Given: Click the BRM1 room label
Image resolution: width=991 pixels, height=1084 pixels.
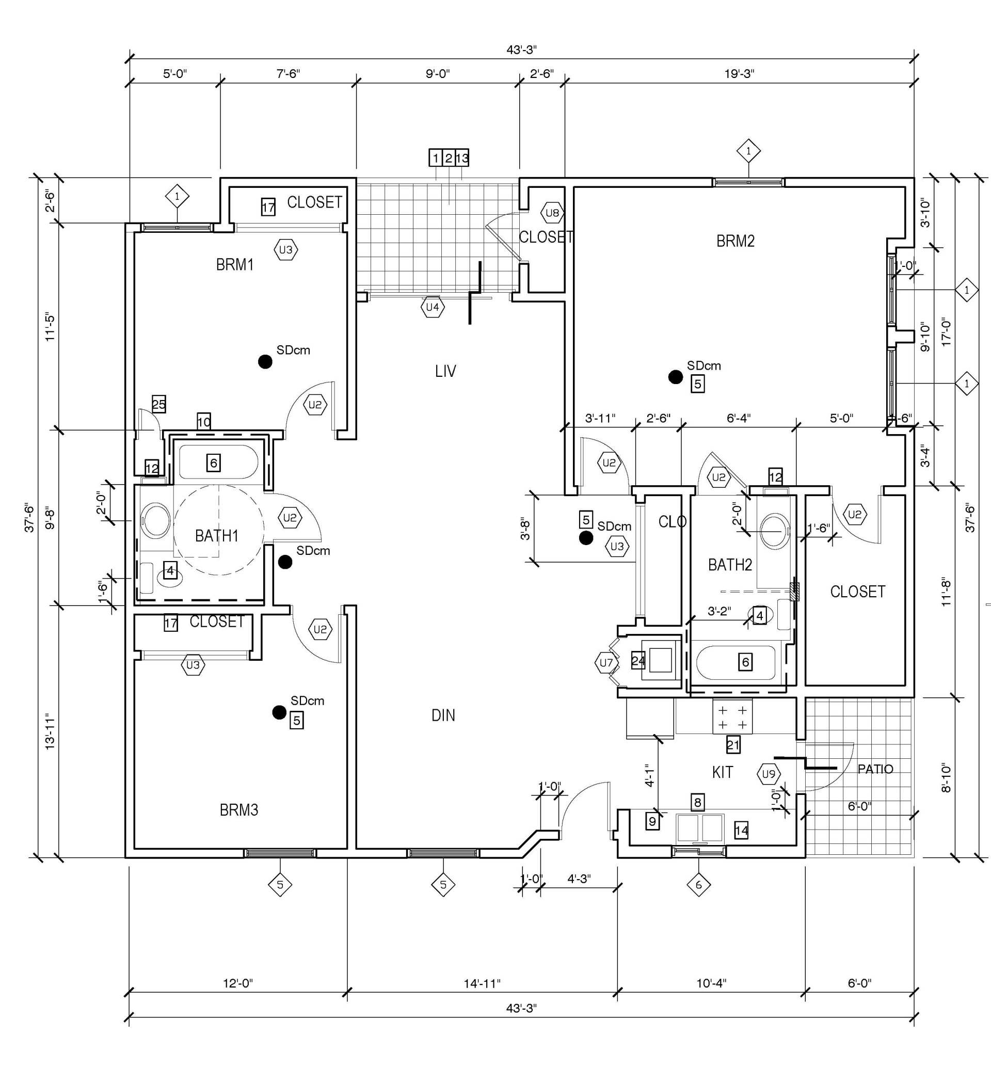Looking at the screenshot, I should coord(234,264).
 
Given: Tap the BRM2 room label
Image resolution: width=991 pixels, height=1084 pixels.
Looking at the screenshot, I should coord(735,241).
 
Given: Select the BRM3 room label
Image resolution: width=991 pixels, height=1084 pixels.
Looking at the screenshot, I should coord(239,810).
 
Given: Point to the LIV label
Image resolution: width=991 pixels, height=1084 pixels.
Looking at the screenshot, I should coord(445,371).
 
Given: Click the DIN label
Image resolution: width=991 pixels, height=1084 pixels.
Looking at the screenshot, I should coord(443,715).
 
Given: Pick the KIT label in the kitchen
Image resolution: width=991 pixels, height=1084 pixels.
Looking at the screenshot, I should coord(722,772).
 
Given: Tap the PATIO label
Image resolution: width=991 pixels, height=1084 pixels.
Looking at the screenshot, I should coord(875,769).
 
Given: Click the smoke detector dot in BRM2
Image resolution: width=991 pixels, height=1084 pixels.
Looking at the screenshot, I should coord(675,377).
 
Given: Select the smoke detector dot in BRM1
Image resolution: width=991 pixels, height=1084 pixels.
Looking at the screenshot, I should coord(265,361).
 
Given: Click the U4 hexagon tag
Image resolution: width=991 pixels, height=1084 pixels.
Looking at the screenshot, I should coord(433,308).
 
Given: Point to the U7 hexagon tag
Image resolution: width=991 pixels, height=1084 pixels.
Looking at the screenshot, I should coord(606,662).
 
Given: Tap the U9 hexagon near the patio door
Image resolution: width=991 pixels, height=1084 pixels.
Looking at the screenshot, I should coord(769,774).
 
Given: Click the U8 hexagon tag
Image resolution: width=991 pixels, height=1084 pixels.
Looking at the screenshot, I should coord(552,213).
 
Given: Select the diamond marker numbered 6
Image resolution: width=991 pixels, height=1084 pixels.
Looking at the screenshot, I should coord(698,885).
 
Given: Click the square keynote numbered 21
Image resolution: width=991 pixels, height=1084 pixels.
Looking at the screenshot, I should coord(733,745).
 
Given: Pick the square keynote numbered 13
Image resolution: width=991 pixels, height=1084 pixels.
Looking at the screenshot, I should coord(462,158).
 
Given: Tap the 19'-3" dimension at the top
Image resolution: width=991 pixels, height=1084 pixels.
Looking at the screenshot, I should coord(739,74).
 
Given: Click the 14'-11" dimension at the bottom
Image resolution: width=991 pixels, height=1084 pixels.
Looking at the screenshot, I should coord(482,983).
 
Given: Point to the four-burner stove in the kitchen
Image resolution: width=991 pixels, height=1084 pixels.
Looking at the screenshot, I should coord(732,718).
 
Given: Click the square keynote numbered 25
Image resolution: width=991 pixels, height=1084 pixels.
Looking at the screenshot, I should coord(158,404).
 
